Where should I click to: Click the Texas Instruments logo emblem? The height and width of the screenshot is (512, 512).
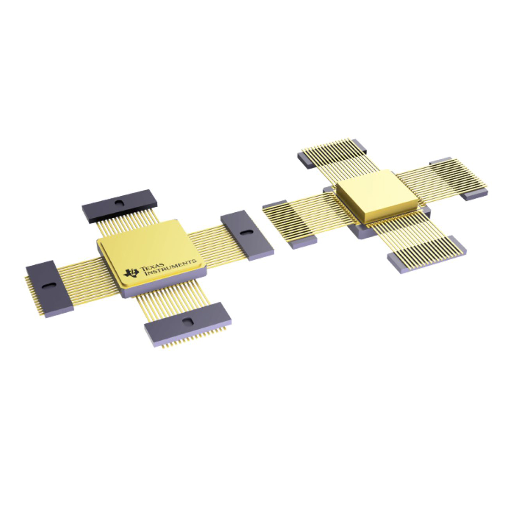coord(131,273)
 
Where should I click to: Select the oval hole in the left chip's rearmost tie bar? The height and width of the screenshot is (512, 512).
coord(119,203)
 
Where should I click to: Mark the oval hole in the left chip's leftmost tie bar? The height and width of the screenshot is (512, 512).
coord(49,285)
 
